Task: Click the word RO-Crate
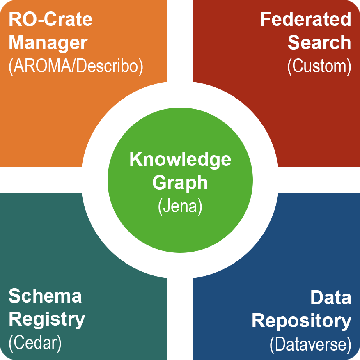pyautogui.click(x=50, y=19)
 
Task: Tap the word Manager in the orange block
pyautogui.click(x=48, y=43)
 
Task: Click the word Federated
pyautogui.click(x=306, y=19)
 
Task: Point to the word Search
pyautogui.click(x=320, y=43)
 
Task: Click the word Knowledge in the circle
pyautogui.click(x=180, y=159)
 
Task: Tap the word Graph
pyautogui.click(x=180, y=183)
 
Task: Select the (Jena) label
pyautogui.click(x=180, y=206)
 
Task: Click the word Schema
pyautogui.click(x=45, y=296)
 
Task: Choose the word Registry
pyautogui.click(x=47, y=319)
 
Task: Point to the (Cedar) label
pyautogui.click(x=35, y=344)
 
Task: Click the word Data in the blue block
pyautogui.click(x=331, y=298)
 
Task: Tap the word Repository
pyautogui.click(x=302, y=321)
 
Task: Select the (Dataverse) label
pyautogui.click(x=311, y=344)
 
